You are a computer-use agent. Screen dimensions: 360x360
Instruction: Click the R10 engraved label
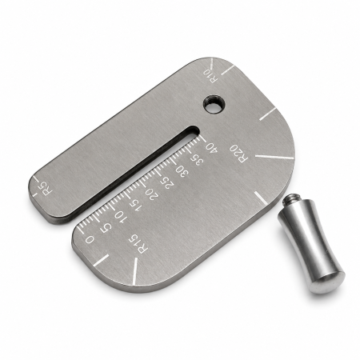[211, 75]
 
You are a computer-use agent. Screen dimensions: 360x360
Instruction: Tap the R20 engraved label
[239, 153]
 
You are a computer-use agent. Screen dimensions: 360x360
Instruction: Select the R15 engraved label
[138, 244]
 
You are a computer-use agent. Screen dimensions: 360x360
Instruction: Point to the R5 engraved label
[45, 189]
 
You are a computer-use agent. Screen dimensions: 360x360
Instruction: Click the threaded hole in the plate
[214, 103]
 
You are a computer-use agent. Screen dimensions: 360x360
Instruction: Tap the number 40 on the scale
[211, 147]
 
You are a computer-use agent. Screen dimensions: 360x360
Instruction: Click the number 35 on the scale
[197, 159]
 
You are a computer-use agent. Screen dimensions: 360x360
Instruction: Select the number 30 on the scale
[182, 171]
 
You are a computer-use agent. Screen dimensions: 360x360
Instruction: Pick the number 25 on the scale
[167, 183]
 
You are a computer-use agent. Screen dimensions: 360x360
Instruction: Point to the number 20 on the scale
[152, 195]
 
